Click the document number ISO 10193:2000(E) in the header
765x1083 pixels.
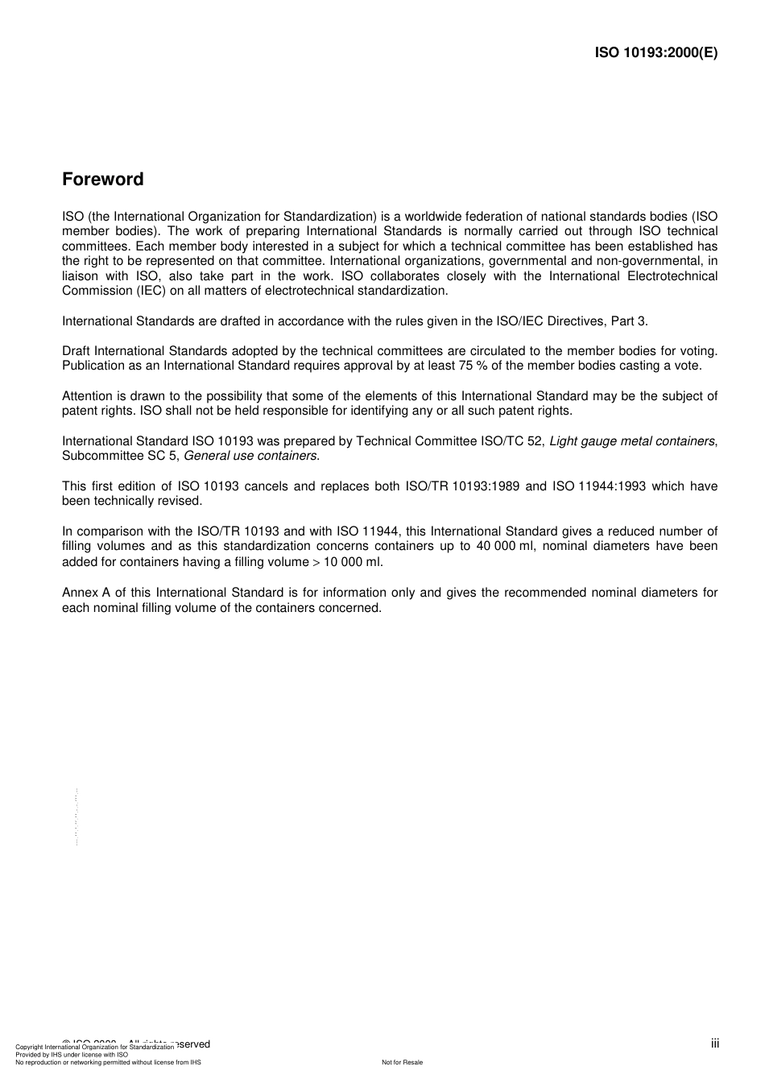655,52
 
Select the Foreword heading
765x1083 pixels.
103,180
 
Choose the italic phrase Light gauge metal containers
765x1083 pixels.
632,441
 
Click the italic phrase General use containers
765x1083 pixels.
250,456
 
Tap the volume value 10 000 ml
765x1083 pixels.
353,562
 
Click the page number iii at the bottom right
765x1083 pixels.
714,1044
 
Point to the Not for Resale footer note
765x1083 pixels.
402,1062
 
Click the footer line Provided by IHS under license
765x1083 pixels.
72,1054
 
